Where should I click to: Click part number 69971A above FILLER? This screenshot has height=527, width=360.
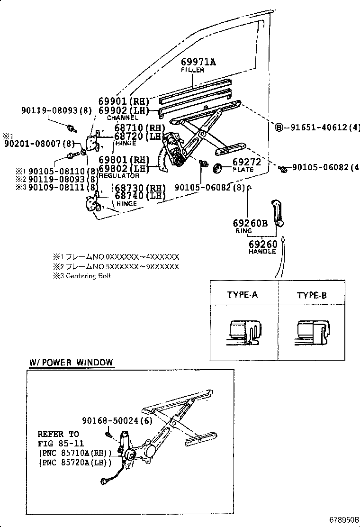pyautogui.click(x=198, y=62)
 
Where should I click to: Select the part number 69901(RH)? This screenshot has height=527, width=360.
pyautogui.click(x=124, y=101)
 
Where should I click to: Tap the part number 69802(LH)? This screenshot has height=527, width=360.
pyautogui.click(x=124, y=168)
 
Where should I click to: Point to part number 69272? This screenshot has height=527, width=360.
pyautogui.click(x=247, y=162)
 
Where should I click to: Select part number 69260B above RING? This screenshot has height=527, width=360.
pyautogui.click(x=250, y=223)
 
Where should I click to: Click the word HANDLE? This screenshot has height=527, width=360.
pyautogui.click(x=262, y=252)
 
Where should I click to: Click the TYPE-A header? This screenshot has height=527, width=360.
pyautogui.click(x=242, y=295)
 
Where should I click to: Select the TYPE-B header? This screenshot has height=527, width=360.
pyautogui.click(x=312, y=295)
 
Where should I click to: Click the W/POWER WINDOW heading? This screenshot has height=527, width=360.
pyautogui.click(x=71, y=363)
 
